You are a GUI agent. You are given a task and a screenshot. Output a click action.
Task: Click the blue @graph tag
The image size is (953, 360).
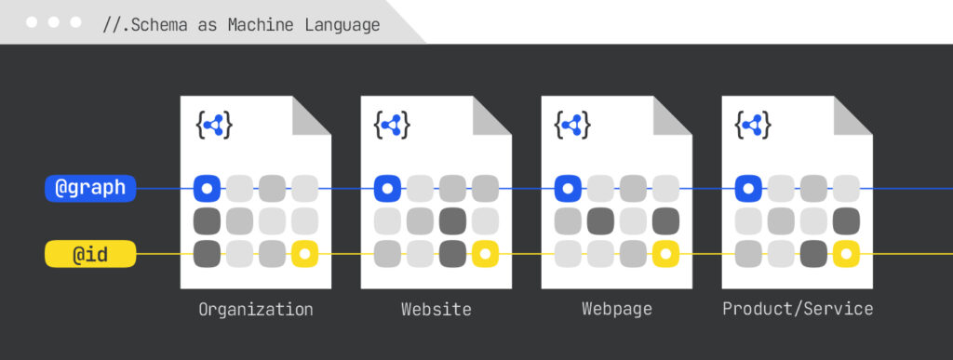[90, 188]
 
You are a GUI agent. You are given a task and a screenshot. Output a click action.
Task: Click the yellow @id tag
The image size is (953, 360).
[90, 252]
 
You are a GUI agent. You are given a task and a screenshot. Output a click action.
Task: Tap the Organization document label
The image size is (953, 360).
[256, 309]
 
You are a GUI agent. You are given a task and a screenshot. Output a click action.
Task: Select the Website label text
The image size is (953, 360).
[436, 309]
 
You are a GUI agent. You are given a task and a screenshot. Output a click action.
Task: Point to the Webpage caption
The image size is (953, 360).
[617, 309]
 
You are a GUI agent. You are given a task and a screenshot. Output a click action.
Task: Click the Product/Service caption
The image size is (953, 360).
[798, 309]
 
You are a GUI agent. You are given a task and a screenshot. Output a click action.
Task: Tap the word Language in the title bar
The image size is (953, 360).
[342, 25]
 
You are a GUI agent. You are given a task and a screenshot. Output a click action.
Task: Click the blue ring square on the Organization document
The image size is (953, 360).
[208, 188]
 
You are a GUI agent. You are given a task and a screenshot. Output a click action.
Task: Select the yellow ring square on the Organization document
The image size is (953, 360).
[304, 253]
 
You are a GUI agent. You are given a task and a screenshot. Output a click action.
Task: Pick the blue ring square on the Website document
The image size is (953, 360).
[388, 188]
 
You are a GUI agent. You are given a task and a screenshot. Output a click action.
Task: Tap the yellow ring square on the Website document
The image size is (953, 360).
[485, 253]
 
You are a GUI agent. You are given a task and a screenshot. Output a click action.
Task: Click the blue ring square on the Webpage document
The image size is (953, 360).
[568, 188]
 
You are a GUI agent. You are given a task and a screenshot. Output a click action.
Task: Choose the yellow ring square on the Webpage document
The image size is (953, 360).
[665, 253]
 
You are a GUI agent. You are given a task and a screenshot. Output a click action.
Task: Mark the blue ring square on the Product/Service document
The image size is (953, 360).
[748, 188]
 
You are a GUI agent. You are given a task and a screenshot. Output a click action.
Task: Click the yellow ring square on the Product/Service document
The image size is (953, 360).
[846, 253]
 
